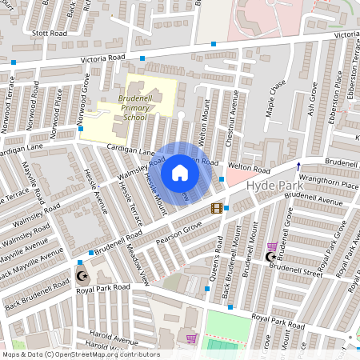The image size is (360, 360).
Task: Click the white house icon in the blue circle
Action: tap(180, 172)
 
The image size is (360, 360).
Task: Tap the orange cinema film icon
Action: tap(216, 209)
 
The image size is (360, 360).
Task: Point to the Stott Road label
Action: tap(50, 34)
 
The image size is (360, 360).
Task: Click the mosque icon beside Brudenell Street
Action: tap(270, 258)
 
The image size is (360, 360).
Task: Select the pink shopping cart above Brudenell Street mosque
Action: tap(271, 246)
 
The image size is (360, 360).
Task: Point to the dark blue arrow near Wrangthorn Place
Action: tap(298, 166)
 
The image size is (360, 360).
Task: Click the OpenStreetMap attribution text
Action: tap(80, 354)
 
